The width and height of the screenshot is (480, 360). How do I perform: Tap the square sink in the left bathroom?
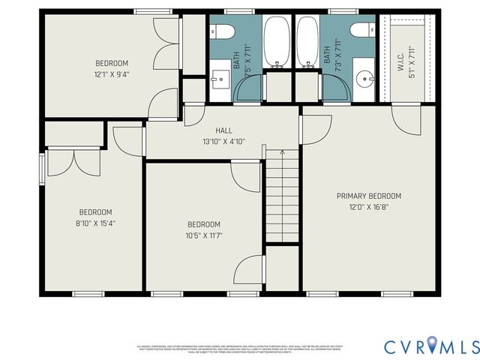tap(220, 77)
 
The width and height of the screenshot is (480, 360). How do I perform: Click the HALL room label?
tap(224, 130)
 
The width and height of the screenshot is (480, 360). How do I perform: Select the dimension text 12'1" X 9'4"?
tap(112, 74)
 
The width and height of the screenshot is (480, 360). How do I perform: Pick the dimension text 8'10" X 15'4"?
tap(96, 223)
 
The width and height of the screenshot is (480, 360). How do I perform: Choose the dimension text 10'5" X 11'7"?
tap(203, 235)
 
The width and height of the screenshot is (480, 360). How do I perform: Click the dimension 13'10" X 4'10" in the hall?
tap(224, 141)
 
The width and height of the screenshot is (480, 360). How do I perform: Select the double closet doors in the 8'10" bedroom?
tap(73, 161)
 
